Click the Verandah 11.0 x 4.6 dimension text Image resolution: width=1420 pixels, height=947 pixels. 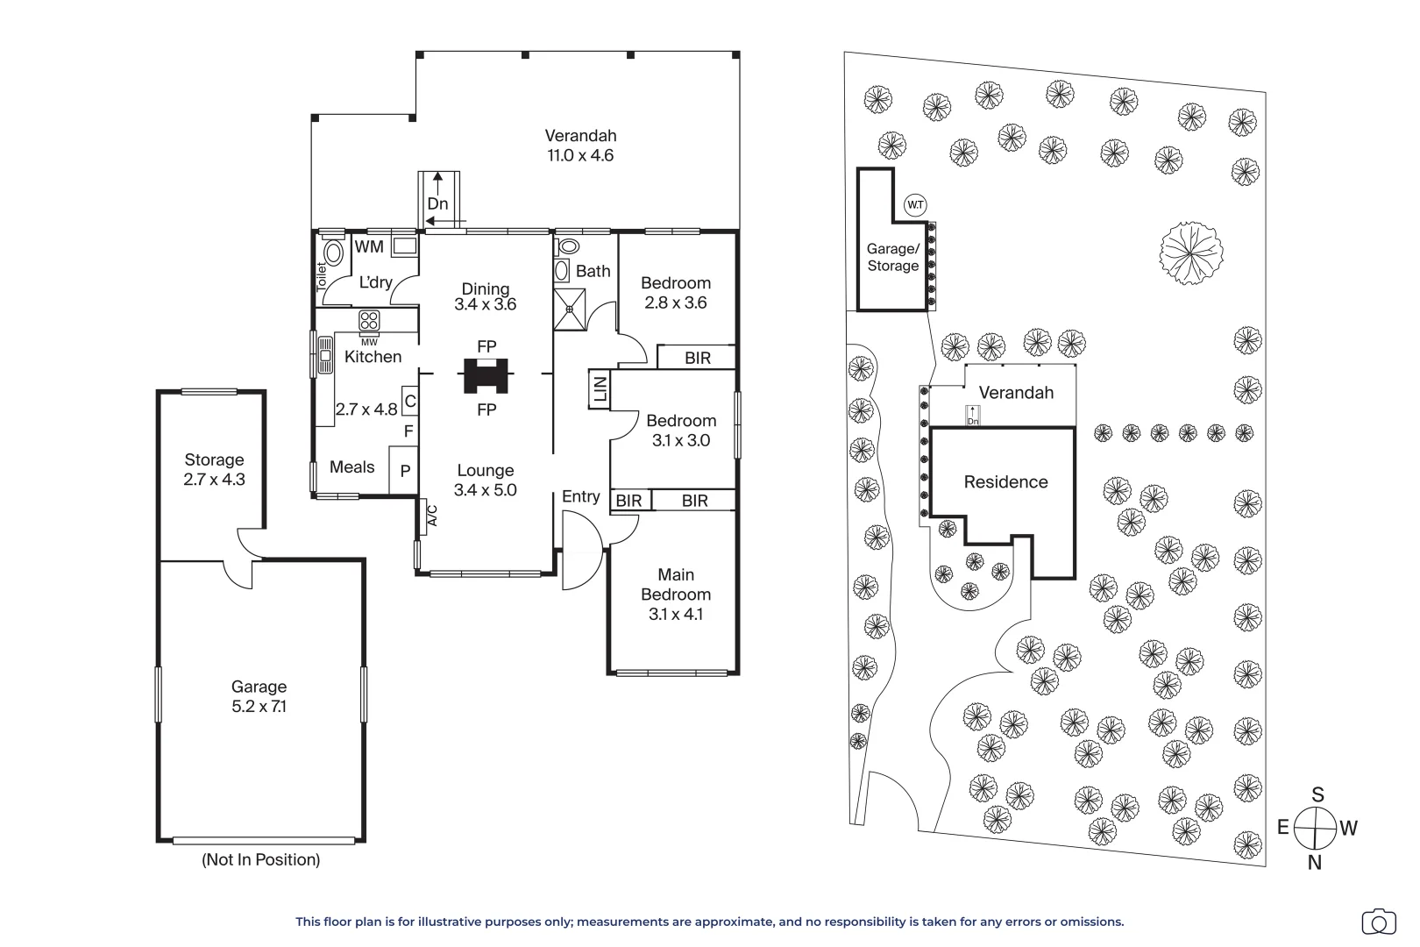(x=580, y=155)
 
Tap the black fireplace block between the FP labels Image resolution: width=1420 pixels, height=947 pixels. (x=486, y=375)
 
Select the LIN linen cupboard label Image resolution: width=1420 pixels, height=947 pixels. (x=599, y=389)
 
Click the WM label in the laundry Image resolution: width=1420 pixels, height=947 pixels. (x=369, y=246)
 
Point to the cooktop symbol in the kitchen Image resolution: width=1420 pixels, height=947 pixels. (x=369, y=321)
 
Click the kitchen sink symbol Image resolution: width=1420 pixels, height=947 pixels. (x=325, y=354)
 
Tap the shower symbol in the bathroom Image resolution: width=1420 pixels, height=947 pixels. (x=569, y=310)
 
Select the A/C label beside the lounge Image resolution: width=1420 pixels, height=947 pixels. (x=432, y=516)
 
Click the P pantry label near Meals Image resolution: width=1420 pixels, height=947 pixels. (x=405, y=471)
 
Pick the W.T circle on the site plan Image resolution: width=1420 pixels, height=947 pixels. (x=915, y=205)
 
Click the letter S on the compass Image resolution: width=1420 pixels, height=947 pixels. (x=1318, y=794)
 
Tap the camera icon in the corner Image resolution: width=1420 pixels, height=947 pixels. (x=1379, y=923)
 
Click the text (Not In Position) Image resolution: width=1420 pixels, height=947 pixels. (x=260, y=860)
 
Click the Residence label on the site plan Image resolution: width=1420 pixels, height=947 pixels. (x=1005, y=482)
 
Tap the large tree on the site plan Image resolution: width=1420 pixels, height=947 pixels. (x=1191, y=253)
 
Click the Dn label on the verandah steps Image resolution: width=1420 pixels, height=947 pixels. (x=437, y=203)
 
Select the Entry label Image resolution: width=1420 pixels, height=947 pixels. (x=580, y=496)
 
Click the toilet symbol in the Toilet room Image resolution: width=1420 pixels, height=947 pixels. (x=333, y=252)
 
